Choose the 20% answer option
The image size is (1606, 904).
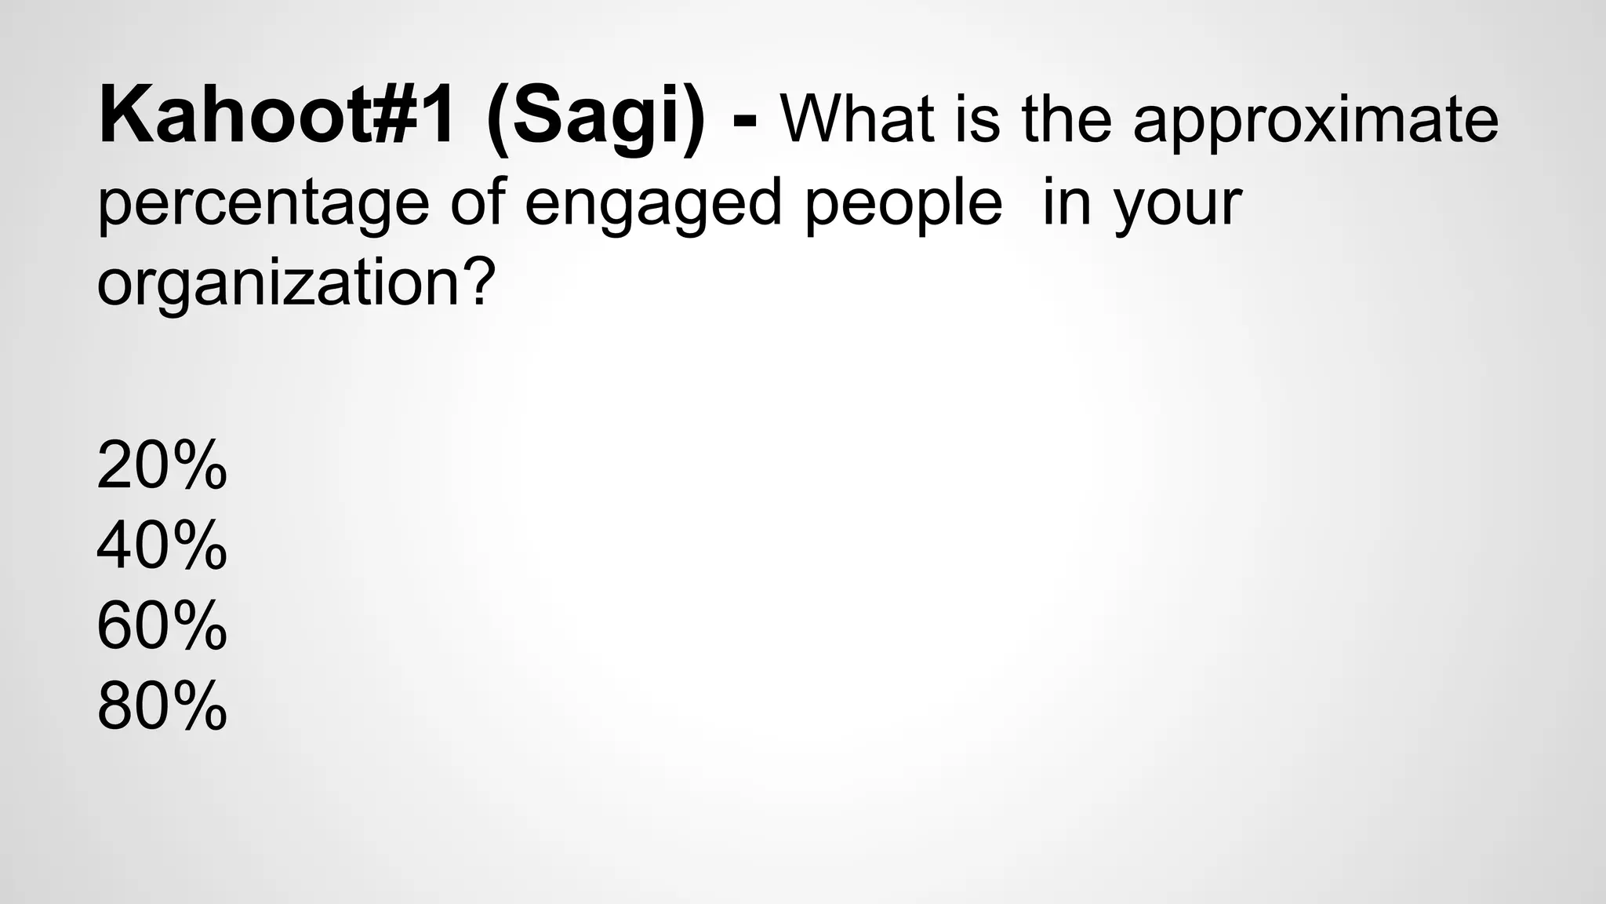(162, 466)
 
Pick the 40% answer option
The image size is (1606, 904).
(162, 546)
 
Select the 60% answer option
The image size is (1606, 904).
(162, 626)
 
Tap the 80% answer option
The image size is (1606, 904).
(162, 706)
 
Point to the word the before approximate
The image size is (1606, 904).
(1066, 119)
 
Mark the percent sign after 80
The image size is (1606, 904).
(196, 706)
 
